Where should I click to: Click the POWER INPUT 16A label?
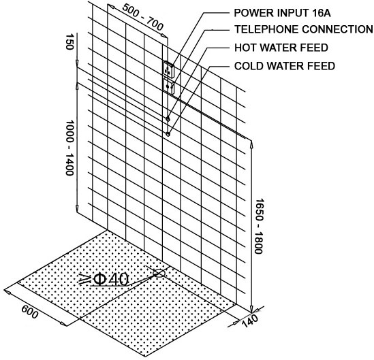coord(283,13)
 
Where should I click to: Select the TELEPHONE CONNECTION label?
coord(304,29)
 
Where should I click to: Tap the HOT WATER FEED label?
coord(281,48)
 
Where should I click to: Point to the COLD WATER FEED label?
coord(285,66)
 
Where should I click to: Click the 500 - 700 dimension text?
coord(142,17)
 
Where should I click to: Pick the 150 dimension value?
coord(69,42)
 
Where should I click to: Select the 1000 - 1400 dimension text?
coord(69,148)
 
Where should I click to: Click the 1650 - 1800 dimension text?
coord(259,226)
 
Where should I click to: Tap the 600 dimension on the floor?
coord(30,312)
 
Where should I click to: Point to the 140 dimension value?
coord(250,321)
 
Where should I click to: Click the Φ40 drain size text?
coord(111,279)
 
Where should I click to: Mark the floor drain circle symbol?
coord(159,274)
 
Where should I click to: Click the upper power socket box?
coord(169,69)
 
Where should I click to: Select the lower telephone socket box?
coord(169,86)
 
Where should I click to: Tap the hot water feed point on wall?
coord(168,118)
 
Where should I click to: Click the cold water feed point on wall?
coord(168,134)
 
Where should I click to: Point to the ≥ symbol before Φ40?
coord(84,279)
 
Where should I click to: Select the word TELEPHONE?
coord(266,29)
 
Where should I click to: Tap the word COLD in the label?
coord(247,66)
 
